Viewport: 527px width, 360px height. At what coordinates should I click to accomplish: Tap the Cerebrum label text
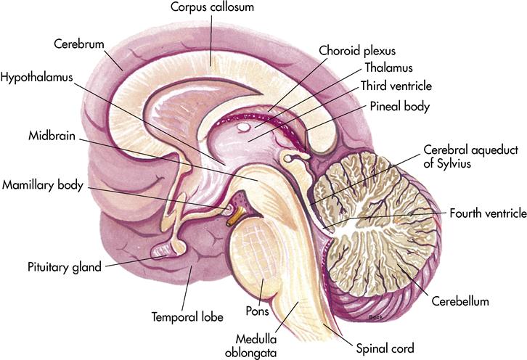[78, 43]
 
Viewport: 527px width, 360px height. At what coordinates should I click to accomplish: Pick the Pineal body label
[401, 106]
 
